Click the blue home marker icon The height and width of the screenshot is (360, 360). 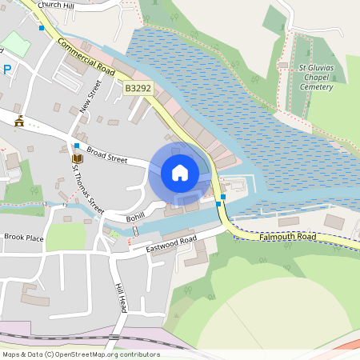pos(180,173)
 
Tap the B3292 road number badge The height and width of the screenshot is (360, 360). pos(138,92)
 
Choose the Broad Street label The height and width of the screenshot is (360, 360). pos(106,154)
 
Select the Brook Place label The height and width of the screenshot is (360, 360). pos(23,238)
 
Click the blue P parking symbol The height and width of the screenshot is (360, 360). pos(6,70)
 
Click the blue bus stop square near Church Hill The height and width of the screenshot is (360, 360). pos(42,27)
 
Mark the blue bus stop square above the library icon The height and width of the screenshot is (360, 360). pos(76,146)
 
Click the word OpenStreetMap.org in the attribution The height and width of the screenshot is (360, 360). pos(92,354)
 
